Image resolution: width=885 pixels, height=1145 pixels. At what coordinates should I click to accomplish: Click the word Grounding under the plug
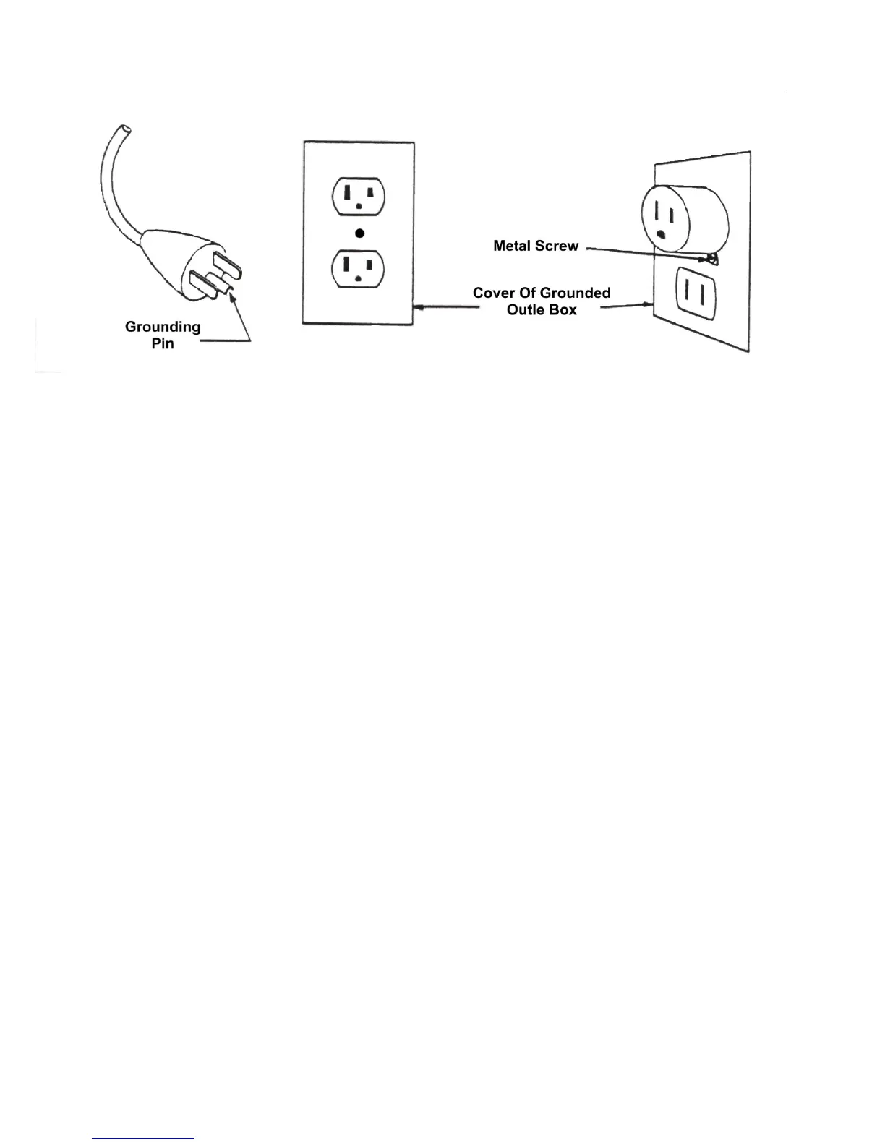pos(163,327)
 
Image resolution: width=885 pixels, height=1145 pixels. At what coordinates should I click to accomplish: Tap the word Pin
pos(163,343)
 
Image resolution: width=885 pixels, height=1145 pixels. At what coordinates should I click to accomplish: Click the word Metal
pos(512,246)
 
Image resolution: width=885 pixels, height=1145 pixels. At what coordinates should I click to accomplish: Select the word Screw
pos(560,246)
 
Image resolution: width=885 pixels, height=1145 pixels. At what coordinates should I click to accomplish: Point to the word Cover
pos(493,293)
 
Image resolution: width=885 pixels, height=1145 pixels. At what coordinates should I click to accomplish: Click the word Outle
pos(526,309)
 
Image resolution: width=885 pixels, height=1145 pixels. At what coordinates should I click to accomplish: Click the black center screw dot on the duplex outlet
pos(359,233)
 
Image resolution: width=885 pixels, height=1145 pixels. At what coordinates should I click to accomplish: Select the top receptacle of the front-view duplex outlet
pos(359,196)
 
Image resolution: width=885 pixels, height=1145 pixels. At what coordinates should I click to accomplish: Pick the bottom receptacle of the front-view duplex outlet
pos(359,268)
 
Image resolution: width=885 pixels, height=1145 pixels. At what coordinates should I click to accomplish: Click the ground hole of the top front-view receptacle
pos(359,207)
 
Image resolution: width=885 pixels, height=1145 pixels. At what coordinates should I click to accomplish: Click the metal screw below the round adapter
pos(711,258)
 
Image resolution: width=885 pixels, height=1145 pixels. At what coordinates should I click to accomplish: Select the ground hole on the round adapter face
pos(660,234)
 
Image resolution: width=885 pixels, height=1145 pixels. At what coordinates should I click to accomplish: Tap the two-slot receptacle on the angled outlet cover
pos(695,293)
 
